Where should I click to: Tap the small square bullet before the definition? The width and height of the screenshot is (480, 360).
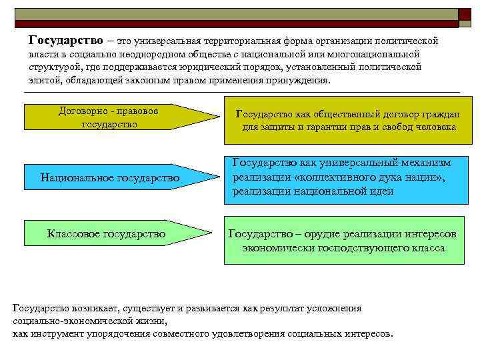point(20,41)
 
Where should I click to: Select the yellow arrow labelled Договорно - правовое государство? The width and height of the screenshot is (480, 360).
point(113,117)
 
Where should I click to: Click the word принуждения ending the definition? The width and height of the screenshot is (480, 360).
point(301,80)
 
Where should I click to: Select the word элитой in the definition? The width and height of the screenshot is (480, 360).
point(44,80)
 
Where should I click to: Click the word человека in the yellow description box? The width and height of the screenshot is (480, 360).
point(434,127)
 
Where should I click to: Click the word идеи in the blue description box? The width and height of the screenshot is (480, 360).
point(383,191)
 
